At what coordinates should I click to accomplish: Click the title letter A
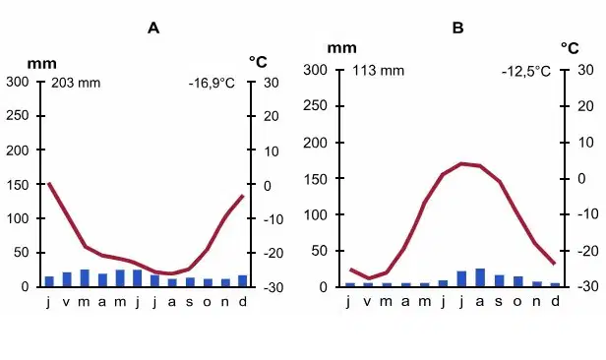153,28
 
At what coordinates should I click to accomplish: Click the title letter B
458,28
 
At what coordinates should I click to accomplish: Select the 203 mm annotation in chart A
76,83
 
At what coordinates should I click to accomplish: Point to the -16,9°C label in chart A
212,84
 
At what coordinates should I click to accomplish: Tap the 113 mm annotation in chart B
379,71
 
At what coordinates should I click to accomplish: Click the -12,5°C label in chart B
526,72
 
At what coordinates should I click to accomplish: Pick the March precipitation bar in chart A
85,278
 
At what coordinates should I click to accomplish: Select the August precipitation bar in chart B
480,277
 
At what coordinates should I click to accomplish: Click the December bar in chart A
242,280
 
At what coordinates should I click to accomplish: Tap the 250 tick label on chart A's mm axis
18,115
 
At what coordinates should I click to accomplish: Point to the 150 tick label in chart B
316,179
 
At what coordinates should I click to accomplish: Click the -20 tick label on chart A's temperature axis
273,254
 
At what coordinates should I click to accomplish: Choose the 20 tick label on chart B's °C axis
585,106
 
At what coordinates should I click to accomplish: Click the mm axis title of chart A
41,63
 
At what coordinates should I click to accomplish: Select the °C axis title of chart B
570,48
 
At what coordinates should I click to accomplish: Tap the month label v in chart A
66,302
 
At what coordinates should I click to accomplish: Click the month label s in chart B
499,301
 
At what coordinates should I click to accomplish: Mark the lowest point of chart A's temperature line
171,273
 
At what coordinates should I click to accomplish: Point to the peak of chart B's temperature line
461,163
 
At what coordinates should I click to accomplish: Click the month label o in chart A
208,302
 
